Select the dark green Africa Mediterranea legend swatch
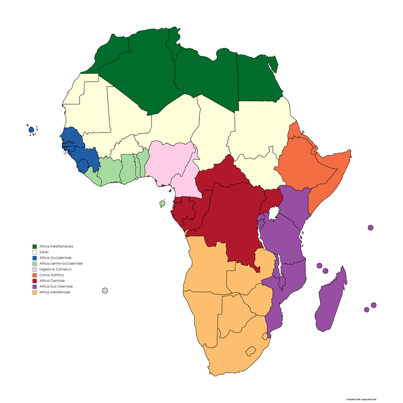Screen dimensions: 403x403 click(x=34, y=246)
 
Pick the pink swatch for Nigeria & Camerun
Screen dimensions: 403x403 click(x=34, y=270)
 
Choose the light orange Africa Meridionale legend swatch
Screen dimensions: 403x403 click(x=34, y=292)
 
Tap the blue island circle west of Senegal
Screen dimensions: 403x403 click(x=31, y=130)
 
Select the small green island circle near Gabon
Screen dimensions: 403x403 click(x=162, y=204)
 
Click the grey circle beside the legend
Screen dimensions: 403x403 click(x=105, y=291)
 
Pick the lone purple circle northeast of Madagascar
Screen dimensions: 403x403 click(x=370, y=228)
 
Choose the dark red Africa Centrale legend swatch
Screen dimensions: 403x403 click(x=34, y=281)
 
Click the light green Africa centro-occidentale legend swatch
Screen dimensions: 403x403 click(x=34, y=263)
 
